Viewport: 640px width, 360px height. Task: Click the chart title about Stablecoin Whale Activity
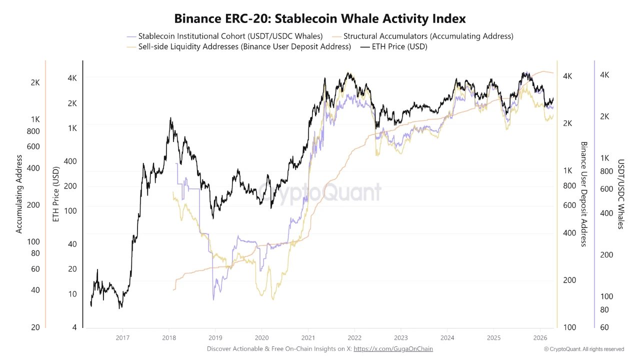click(x=320, y=18)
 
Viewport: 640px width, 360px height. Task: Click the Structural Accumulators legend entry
click(x=428, y=36)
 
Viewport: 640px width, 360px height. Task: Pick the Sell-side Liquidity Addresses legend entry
click(x=244, y=46)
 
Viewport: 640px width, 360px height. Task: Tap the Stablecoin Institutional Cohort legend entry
click(x=230, y=36)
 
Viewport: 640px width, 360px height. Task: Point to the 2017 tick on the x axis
click(x=122, y=337)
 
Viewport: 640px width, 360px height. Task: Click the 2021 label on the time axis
click(x=308, y=337)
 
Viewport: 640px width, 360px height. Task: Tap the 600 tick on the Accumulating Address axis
click(x=33, y=146)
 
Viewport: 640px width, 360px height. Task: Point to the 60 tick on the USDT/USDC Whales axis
click(x=604, y=327)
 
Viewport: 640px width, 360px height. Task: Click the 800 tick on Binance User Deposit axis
click(x=569, y=185)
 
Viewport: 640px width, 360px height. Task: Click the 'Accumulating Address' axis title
click(x=19, y=194)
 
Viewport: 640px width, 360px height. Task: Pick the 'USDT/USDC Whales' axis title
click(x=621, y=194)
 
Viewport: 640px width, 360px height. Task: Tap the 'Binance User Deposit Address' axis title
click(x=583, y=194)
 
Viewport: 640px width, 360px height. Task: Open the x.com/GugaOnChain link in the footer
click(x=393, y=348)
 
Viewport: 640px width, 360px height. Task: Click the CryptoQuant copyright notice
click(x=584, y=349)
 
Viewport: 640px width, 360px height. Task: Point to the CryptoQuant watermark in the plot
click(x=320, y=192)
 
